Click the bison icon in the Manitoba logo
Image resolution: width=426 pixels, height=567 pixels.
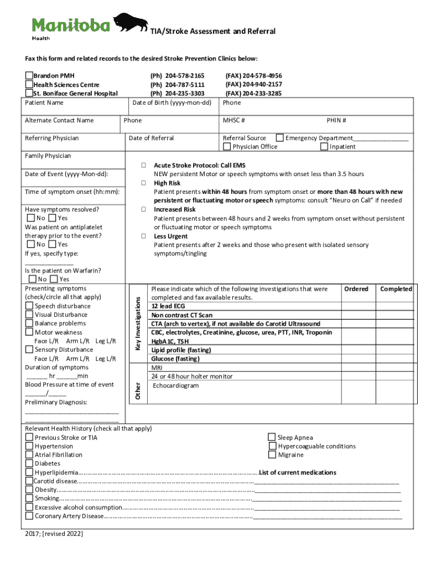click(x=131, y=23)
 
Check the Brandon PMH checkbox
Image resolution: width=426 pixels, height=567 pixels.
click(x=29, y=76)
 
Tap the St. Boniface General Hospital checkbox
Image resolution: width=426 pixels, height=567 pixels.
click(x=29, y=94)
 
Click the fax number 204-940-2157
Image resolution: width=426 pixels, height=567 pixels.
click(x=253, y=85)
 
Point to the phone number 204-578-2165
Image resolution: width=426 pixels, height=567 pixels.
click(x=177, y=76)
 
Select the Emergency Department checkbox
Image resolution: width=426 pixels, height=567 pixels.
click(x=280, y=138)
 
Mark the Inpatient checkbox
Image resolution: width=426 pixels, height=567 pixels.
click(x=324, y=147)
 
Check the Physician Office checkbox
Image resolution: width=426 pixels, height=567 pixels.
click(x=227, y=147)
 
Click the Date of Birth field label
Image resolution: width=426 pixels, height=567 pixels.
click(x=172, y=103)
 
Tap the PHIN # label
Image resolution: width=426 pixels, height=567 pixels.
click(x=336, y=121)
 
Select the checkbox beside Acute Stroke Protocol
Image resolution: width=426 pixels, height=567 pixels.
click(x=143, y=166)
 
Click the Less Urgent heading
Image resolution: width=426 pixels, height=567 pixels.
click(x=170, y=236)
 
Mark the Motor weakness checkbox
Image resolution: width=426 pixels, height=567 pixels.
click(x=29, y=333)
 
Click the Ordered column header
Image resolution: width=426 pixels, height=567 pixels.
click(x=356, y=289)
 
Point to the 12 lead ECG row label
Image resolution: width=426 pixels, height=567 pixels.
click(x=168, y=306)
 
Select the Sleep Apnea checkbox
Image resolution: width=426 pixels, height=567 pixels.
click(x=272, y=437)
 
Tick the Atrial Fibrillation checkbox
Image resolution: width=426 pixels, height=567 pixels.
click(x=29, y=455)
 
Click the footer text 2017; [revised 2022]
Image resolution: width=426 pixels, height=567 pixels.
click(x=54, y=534)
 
